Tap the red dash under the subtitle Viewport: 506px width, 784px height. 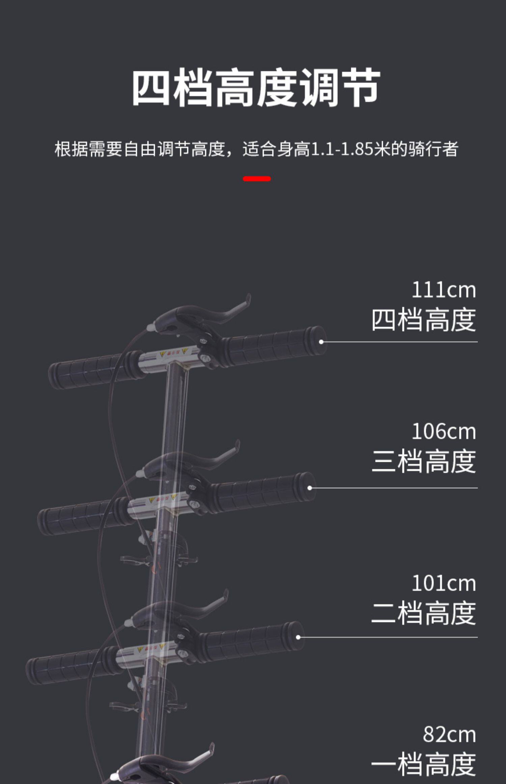[x=257, y=179]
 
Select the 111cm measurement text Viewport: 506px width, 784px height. [x=444, y=290]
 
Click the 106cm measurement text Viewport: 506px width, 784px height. [x=444, y=432]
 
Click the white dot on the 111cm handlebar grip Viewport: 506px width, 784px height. [x=321, y=342]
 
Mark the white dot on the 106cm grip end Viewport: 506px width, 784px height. [x=310, y=488]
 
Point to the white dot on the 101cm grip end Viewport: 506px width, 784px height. [x=298, y=637]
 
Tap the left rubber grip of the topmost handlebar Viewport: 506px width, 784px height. [x=88, y=371]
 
